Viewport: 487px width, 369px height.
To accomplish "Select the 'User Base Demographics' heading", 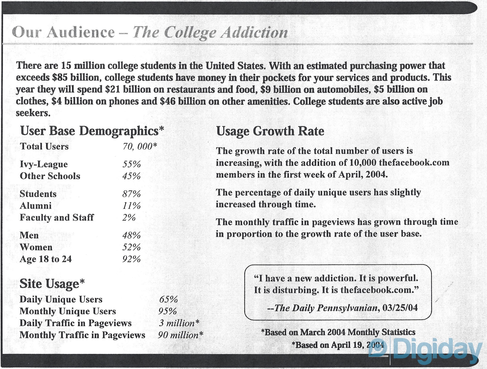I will (92, 131).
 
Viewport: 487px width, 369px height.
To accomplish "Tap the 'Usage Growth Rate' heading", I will (270, 131).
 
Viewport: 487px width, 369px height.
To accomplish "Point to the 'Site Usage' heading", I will (52, 284).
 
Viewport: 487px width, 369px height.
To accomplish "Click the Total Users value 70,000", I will (139, 146).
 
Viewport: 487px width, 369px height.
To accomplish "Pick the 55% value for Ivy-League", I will (131, 164).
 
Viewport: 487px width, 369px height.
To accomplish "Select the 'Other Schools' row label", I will (50, 176).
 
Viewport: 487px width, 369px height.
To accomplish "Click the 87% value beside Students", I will (131, 194).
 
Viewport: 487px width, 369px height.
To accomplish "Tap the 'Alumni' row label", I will (36, 206).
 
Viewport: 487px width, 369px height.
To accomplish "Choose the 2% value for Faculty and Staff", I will (129, 218).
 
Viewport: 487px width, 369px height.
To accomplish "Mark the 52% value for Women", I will (131, 247).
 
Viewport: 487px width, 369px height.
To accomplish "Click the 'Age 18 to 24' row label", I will (46, 259).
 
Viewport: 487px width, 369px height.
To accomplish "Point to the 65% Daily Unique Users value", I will (168, 299).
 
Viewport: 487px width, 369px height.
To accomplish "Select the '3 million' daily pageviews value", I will (178, 323).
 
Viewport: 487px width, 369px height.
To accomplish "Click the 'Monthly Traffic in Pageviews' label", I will (82, 335).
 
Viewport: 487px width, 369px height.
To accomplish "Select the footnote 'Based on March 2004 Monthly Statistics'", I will (338, 332).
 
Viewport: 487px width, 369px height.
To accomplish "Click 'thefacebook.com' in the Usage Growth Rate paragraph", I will (414, 163).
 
